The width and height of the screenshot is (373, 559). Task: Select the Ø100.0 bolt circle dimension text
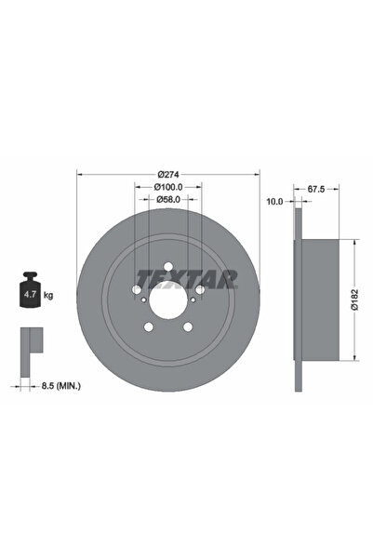coord(168,187)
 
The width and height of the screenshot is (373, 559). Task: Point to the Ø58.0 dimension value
coord(168,199)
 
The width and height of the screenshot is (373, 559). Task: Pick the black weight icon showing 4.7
coord(30,293)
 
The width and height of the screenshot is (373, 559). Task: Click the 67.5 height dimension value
coord(315,189)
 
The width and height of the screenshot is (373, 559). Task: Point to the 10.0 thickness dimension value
coord(274,201)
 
